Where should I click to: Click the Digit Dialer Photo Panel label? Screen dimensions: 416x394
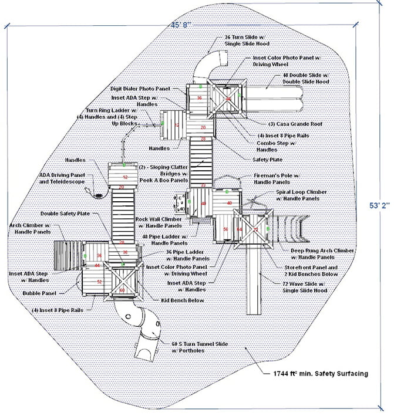pyautogui.click(x=140, y=89)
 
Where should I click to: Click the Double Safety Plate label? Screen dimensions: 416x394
pyautogui.click(x=65, y=214)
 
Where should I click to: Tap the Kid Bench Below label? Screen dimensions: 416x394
pyautogui.click(x=181, y=302)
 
